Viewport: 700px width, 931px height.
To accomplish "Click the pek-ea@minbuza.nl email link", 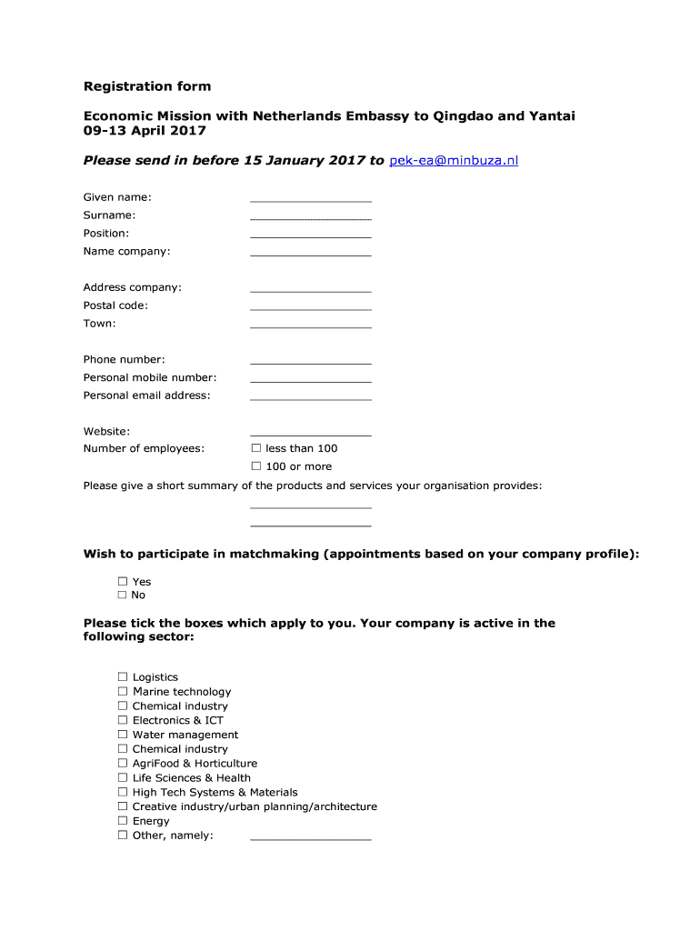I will (454, 161).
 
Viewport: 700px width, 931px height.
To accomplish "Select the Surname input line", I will (310, 217).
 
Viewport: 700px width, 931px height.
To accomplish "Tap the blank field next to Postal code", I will (310, 307).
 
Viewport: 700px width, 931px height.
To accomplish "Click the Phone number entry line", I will (310, 361).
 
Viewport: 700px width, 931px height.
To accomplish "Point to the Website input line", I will (310, 434).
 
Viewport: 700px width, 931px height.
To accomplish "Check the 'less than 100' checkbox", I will (256, 448).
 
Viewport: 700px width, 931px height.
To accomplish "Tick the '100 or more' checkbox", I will (256, 466).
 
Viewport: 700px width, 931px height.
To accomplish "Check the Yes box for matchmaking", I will (122, 581).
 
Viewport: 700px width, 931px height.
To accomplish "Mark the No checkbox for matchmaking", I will (122, 595).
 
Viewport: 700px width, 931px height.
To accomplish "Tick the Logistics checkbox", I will (122, 677).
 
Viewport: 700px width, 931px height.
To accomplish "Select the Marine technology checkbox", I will (122, 692).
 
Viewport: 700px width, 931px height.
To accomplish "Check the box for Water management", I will (122, 735).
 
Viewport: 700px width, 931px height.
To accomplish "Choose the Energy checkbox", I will (122, 821).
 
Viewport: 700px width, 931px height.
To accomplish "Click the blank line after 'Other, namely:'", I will (310, 837).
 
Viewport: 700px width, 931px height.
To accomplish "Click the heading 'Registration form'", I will (147, 86).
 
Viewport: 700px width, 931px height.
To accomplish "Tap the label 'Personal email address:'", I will (146, 395).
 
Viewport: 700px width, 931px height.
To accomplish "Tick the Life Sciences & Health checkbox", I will (122, 778).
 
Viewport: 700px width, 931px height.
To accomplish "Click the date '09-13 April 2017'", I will (144, 131).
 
